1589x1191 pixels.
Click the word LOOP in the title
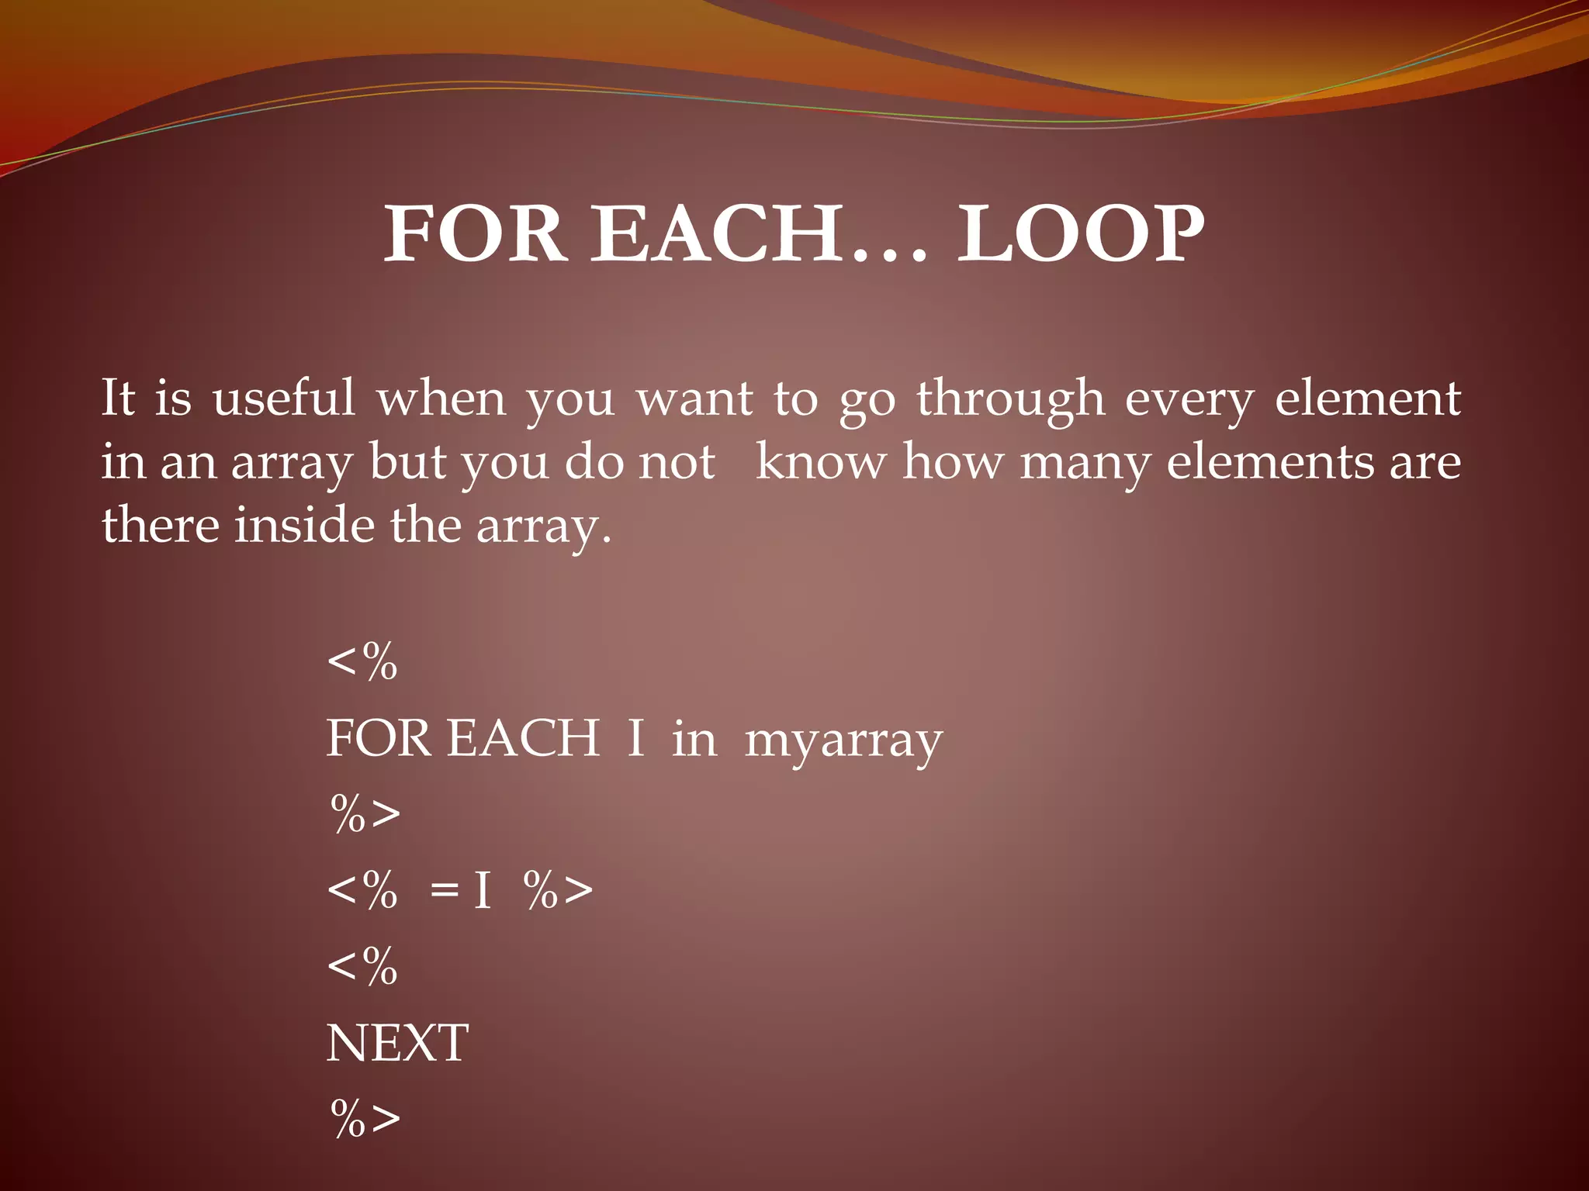(1081, 234)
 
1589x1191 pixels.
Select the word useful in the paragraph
(283, 399)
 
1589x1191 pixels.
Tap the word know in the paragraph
(821, 462)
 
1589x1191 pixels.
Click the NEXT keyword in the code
(397, 1044)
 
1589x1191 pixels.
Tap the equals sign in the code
(445, 890)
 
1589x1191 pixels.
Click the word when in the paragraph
(441, 399)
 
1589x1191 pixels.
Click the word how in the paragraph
(952, 462)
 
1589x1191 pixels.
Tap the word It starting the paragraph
(118, 399)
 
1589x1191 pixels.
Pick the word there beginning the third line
(161, 526)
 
